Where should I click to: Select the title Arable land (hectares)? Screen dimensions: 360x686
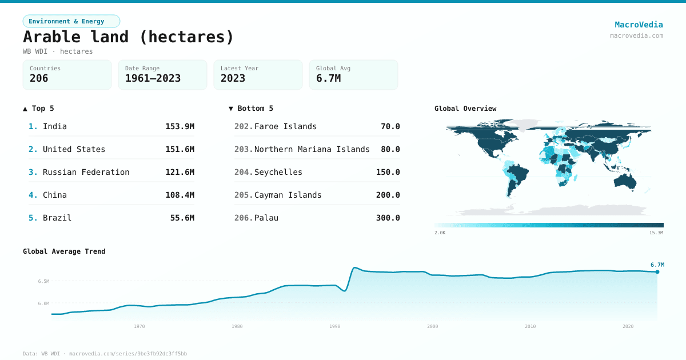[129, 37]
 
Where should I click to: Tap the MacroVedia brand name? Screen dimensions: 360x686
[639, 25]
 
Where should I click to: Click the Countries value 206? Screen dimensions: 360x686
[39, 78]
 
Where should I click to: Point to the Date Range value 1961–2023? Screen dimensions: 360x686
[153, 78]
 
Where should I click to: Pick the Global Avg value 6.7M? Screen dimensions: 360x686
[328, 78]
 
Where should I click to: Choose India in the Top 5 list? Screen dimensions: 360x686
[55, 126]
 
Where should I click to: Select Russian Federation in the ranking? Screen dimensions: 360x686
[86, 172]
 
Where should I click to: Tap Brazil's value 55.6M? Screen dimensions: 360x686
[182, 218]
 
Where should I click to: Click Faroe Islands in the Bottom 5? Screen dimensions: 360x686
[285, 126]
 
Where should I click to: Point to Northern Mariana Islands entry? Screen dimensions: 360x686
[312, 149]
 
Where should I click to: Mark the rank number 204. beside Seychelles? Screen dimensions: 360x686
[244, 172]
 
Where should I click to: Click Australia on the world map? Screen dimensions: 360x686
[625, 181]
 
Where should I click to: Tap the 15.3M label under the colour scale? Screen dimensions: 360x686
[656, 233]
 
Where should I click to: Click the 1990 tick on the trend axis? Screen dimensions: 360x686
[335, 326]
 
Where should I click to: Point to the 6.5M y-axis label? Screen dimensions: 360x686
[43, 281]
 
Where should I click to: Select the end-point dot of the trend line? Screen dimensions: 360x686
[657, 272]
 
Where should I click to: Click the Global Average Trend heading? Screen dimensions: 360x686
[64, 251]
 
